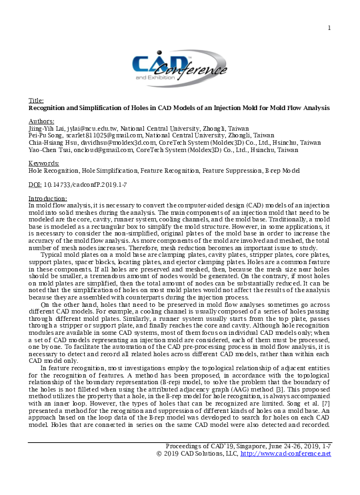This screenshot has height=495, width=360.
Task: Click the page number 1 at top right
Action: coord(329,27)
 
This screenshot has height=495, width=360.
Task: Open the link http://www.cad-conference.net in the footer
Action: coord(286,454)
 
